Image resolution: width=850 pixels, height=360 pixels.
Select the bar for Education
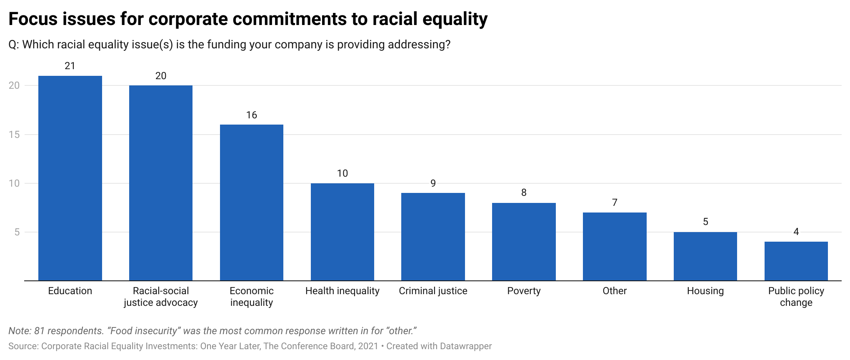pyautogui.click(x=70, y=178)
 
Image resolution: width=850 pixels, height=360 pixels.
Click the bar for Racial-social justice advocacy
pyautogui.click(x=161, y=183)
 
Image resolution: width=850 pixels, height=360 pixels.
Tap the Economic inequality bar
pyautogui.click(x=252, y=202)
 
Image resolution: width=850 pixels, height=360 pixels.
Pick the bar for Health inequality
pyautogui.click(x=342, y=232)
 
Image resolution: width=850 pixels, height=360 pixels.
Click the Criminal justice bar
pyautogui.click(x=433, y=237)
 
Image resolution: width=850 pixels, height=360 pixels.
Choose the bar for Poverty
pyautogui.click(x=524, y=242)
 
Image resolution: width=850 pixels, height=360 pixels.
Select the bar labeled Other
pyautogui.click(x=615, y=247)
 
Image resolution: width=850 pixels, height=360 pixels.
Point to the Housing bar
pyautogui.click(x=705, y=256)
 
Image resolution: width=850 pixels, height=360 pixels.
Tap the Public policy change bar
pyautogui.click(x=796, y=261)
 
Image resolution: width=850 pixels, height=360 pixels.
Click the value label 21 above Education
pyautogui.click(x=70, y=66)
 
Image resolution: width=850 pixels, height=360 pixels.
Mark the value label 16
pyautogui.click(x=252, y=115)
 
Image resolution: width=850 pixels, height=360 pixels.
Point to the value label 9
pyautogui.click(x=433, y=183)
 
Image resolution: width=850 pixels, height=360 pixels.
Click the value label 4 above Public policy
pyautogui.click(x=796, y=232)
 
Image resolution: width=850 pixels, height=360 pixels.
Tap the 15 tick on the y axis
pyautogui.click(x=14, y=135)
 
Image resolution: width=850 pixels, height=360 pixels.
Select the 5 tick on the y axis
pyautogui.click(x=17, y=232)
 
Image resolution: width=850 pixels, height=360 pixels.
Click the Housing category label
pyautogui.click(x=705, y=291)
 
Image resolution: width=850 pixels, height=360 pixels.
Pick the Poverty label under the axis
pyautogui.click(x=524, y=291)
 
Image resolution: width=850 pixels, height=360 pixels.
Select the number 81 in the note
pyautogui.click(x=39, y=331)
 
